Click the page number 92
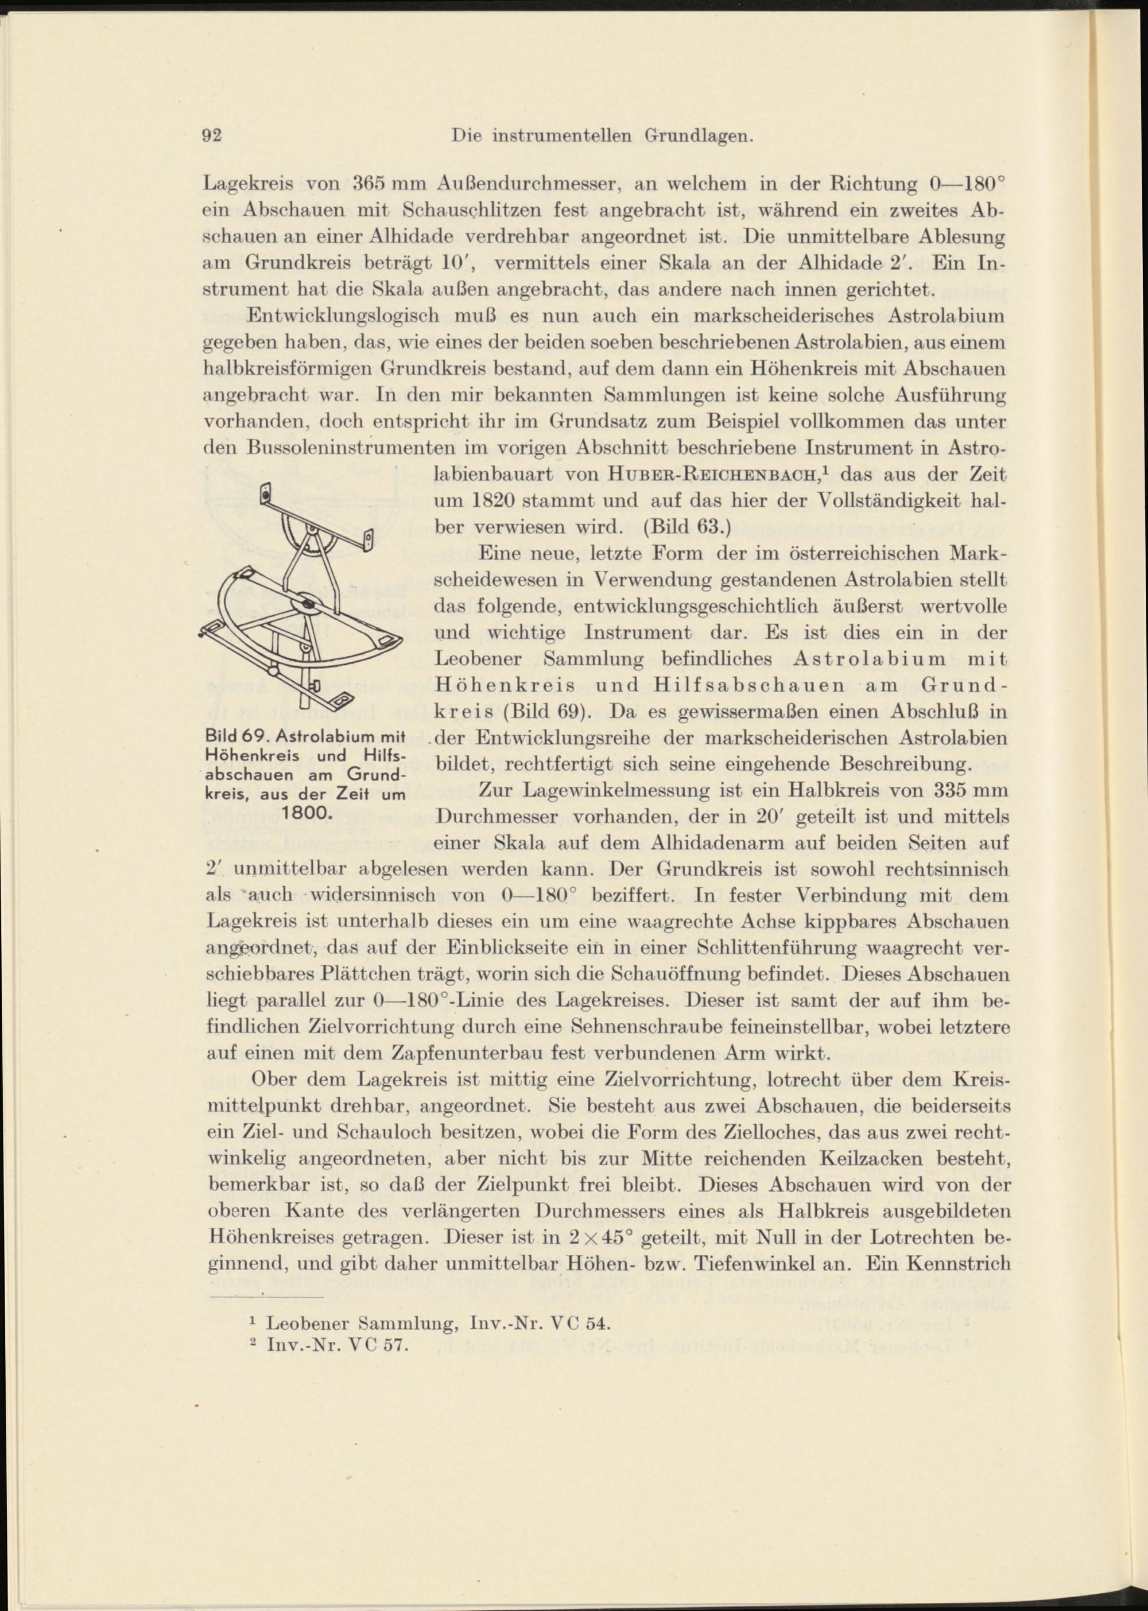(x=212, y=135)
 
